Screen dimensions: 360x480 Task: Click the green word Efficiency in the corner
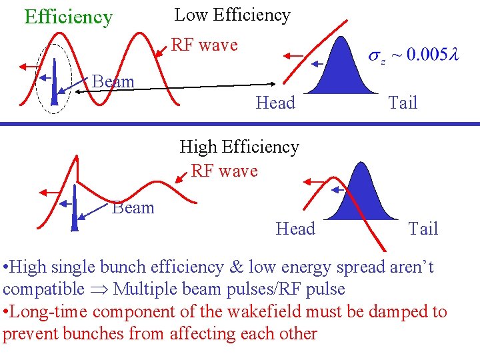click(68, 17)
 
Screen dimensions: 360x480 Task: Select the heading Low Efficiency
click(232, 15)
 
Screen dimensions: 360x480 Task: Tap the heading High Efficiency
click(239, 146)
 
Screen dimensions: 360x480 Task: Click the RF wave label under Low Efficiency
click(205, 45)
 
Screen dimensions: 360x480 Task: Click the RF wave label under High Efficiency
click(224, 171)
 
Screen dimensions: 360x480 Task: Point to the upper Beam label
click(113, 81)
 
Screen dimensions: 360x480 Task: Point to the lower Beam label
click(133, 207)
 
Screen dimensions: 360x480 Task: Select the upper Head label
click(275, 103)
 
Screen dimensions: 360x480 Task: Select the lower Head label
click(295, 229)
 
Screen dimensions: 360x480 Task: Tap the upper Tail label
click(403, 103)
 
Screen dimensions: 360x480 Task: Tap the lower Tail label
click(423, 229)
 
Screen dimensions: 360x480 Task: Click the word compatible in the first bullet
click(43, 289)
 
